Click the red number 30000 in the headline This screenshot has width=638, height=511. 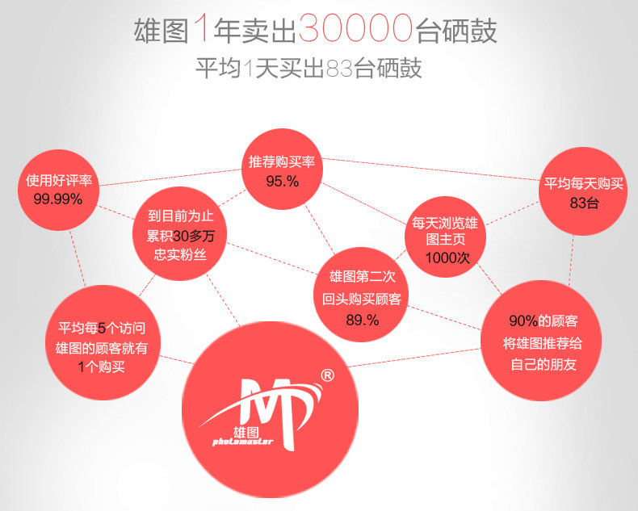tap(355, 29)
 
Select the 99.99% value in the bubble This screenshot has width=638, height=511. tap(58, 199)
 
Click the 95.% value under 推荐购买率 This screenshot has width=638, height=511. tap(282, 181)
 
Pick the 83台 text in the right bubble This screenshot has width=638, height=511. tap(584, 203)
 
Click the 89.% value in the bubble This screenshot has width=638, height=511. tap(362, 320)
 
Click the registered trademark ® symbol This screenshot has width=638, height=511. tap(328, 375)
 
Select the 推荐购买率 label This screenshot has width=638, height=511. tap(282, 162)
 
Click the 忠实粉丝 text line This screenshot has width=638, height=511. tap(179, 255)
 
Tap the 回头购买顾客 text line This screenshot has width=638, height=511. tap(361, 299)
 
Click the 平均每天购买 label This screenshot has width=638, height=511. tap(583, 183)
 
